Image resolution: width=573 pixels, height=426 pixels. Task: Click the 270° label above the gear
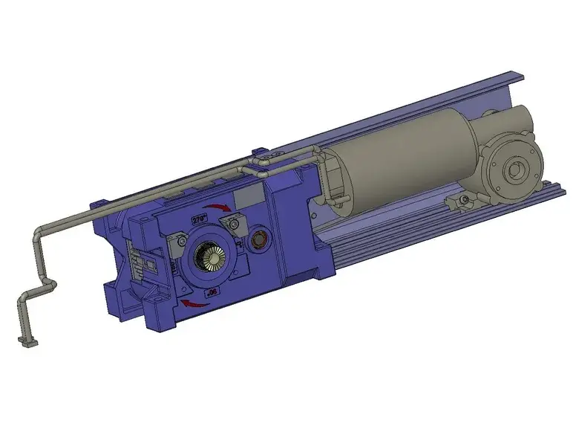[199, 219]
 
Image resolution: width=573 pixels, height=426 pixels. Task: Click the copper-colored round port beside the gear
[259, 240]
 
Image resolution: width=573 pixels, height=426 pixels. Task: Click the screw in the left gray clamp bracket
[181, 242]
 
